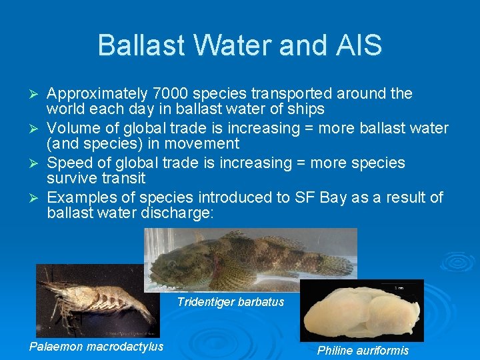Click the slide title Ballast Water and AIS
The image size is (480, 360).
239,45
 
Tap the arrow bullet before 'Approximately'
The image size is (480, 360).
37,94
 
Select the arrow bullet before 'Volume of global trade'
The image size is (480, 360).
37,129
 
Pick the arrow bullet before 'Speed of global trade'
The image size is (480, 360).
37,163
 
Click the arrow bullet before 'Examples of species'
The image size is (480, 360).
37,198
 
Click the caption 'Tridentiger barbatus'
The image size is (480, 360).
231,302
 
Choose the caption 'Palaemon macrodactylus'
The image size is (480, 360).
96,346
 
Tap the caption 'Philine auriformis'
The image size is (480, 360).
363,351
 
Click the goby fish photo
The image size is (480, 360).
251,260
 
